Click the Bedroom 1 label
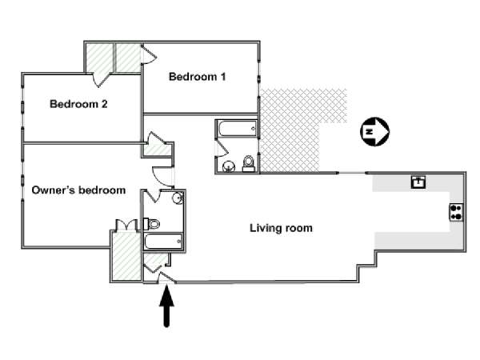pyautogui.click(x=198, y=78)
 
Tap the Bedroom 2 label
pyautogui.click(x=78, y=103)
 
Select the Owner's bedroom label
pyautogui.click(x=78, y=190)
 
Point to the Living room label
pyautogui.click(x=281, y=228)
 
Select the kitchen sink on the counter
pyautogui.click(x=418, y=182)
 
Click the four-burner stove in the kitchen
pyautogui.click(x=457, y=212)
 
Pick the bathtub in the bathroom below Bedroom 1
pyautogui.click(x=236, y=127)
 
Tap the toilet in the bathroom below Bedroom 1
pyautogui.click(x=248, y=164)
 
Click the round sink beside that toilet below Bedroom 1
pyautogui.click(x=229, y=166)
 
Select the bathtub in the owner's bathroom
pyautogui.click(x=164, y=241)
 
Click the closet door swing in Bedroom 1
pyautogui.click(x=149, y=54)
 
